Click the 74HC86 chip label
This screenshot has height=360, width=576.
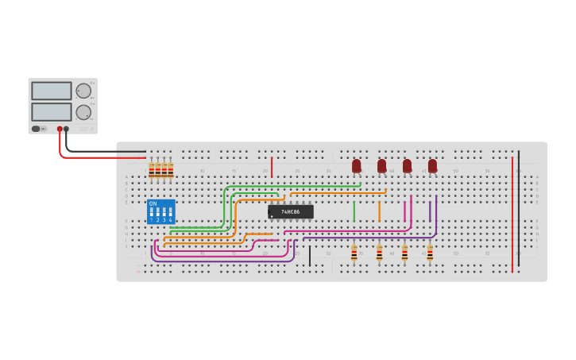(290, 212)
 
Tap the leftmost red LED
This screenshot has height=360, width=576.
(356, 165)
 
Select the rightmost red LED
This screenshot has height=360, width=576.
(432, 165)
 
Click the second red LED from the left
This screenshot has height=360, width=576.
(381, 165)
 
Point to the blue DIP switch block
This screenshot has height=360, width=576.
(160, 211)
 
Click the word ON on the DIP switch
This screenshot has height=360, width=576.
(153, 203)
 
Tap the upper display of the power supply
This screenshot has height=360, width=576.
(52, 91)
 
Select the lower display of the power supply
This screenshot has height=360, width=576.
(52, 111)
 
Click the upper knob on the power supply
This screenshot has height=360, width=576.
(83, 91)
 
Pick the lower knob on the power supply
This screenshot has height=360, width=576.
(83, 111)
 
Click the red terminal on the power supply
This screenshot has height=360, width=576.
(60, 129)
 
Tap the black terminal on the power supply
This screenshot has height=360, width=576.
(66, 129)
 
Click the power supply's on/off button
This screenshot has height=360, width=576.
(36, 129)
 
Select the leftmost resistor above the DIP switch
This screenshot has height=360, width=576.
(151, 170)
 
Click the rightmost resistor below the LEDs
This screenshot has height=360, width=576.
(430, 254)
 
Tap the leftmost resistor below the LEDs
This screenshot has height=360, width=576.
(354, 254)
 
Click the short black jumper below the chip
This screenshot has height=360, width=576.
(310, 255)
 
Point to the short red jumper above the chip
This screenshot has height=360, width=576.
(272, 167)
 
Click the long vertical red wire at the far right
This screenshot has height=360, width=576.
(512, 215)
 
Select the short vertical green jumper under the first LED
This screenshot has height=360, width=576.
(354, 211)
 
